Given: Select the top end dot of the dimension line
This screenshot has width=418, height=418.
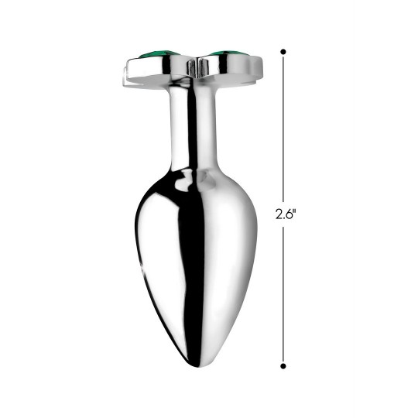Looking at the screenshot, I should coord(283,52).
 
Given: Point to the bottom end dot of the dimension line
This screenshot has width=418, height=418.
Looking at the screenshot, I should coord(283,365).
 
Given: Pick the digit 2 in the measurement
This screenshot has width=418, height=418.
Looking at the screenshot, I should coord(278,214).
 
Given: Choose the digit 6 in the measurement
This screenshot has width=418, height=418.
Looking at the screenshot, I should coord(289,214).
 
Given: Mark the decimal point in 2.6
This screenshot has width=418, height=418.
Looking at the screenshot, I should coord(283,218).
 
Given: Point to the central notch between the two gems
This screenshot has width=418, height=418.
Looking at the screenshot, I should coord(194,66).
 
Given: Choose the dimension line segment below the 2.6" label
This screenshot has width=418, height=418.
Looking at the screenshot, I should coord(283,294).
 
